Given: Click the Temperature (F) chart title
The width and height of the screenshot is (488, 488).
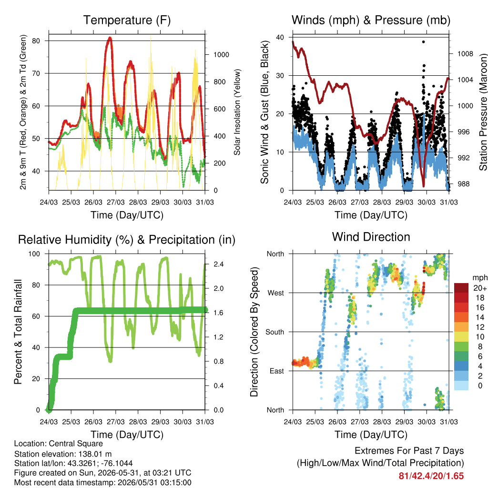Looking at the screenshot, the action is click(127, 20).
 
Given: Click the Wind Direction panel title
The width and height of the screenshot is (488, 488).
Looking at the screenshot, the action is click(371, 237).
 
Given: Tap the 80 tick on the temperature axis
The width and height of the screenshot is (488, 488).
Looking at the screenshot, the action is click(36, 41).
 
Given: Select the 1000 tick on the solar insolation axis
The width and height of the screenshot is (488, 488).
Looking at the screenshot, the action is click(221, 55).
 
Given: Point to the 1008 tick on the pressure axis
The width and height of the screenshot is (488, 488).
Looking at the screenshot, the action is click(465, 54).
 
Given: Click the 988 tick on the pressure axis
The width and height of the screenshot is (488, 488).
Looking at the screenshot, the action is click(463, 184).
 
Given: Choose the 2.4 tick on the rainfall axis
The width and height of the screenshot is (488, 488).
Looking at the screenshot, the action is click(218, 264).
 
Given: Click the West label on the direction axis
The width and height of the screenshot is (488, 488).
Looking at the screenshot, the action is click(276, 293).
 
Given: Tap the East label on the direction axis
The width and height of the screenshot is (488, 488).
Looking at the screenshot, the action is click(277, 371).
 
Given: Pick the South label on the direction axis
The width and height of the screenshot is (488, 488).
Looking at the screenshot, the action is click(275, 332).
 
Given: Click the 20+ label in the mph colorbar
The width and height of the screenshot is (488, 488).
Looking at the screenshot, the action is click(479, 288).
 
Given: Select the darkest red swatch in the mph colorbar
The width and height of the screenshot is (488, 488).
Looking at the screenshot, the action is click(461, 288).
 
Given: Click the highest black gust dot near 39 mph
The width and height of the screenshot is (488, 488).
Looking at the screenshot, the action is click(423, 42).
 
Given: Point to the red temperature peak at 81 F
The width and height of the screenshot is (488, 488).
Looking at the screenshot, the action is click(110, 38).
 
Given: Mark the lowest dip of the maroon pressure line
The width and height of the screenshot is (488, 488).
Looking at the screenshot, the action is click(423, 186).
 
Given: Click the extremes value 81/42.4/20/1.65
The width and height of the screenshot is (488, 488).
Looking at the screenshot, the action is click(431, 476).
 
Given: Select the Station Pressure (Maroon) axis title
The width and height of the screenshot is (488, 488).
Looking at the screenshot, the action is click(483, 112).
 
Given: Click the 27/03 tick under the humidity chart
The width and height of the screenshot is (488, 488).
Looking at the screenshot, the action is click(115, 422).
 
